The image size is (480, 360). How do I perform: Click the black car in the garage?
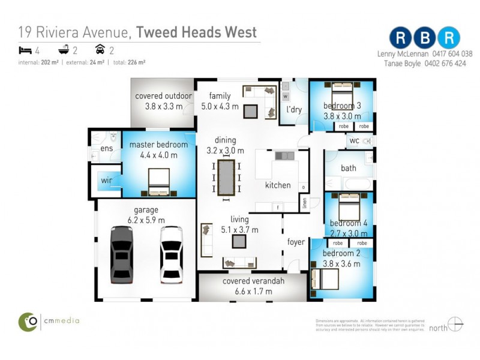[x=121, y=254]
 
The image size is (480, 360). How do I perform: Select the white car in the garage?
[x=171, y=254]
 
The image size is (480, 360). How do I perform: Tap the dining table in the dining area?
[x=226, y=177]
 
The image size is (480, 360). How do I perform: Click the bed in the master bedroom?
[x=158, y=182]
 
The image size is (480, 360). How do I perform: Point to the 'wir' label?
[x=106, y=180]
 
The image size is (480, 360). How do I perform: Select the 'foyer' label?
[x=296, y=242]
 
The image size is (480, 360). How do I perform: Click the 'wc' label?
[x=353, y=142]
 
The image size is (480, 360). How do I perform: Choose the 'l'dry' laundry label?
[x=294, y=110]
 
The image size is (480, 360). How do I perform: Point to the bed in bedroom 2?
[x=325, y=278]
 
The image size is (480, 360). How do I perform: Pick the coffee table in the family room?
[x=250, y=110]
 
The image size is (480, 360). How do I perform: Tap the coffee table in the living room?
[x=240, y=241]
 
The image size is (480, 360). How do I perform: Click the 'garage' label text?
[x=146, y=210]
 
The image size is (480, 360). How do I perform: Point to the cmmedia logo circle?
[x=28, y=322]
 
